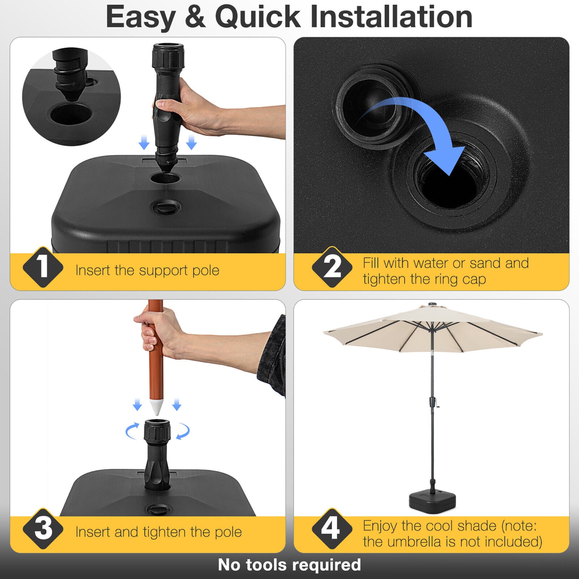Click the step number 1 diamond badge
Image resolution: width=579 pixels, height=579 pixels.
coord(43,267)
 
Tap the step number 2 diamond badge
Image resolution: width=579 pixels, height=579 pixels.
coord(332,267)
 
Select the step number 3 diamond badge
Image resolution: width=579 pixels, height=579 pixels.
coord(43,528)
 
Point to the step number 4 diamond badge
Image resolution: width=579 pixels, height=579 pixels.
coord(332,528)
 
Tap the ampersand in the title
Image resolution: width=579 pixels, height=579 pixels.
coord(195,17)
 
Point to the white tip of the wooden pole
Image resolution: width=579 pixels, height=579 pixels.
coord(156,408)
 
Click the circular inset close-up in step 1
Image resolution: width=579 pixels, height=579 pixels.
coord(71,96)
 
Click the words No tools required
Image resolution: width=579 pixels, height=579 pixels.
coord(289,565)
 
